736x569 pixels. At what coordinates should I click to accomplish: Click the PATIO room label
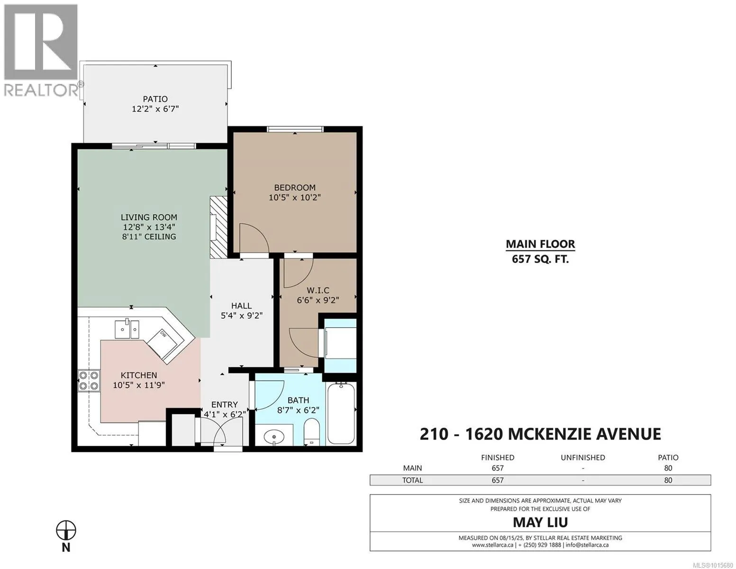click(155, 99)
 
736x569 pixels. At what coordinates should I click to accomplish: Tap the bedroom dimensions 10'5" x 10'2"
click(295, 197)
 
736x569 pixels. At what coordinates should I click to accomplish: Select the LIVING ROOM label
click(149, 217)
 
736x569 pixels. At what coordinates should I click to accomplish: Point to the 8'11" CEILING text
click(149, 237)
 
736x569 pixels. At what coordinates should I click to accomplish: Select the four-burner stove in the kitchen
click(89, 381)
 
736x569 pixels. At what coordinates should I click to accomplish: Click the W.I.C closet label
click(318, 291)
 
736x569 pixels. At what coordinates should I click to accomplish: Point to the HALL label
click(242, 306)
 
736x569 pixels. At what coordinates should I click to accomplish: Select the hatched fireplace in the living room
click(218, 227)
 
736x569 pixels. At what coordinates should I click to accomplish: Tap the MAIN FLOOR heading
click(540, 244)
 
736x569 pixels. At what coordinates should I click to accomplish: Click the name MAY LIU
click(540, 523)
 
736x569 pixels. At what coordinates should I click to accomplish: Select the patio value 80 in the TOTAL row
click(668, 480)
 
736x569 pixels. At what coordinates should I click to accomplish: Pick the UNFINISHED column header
click(583, 458)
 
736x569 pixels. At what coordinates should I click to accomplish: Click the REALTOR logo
click(41, 50)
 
